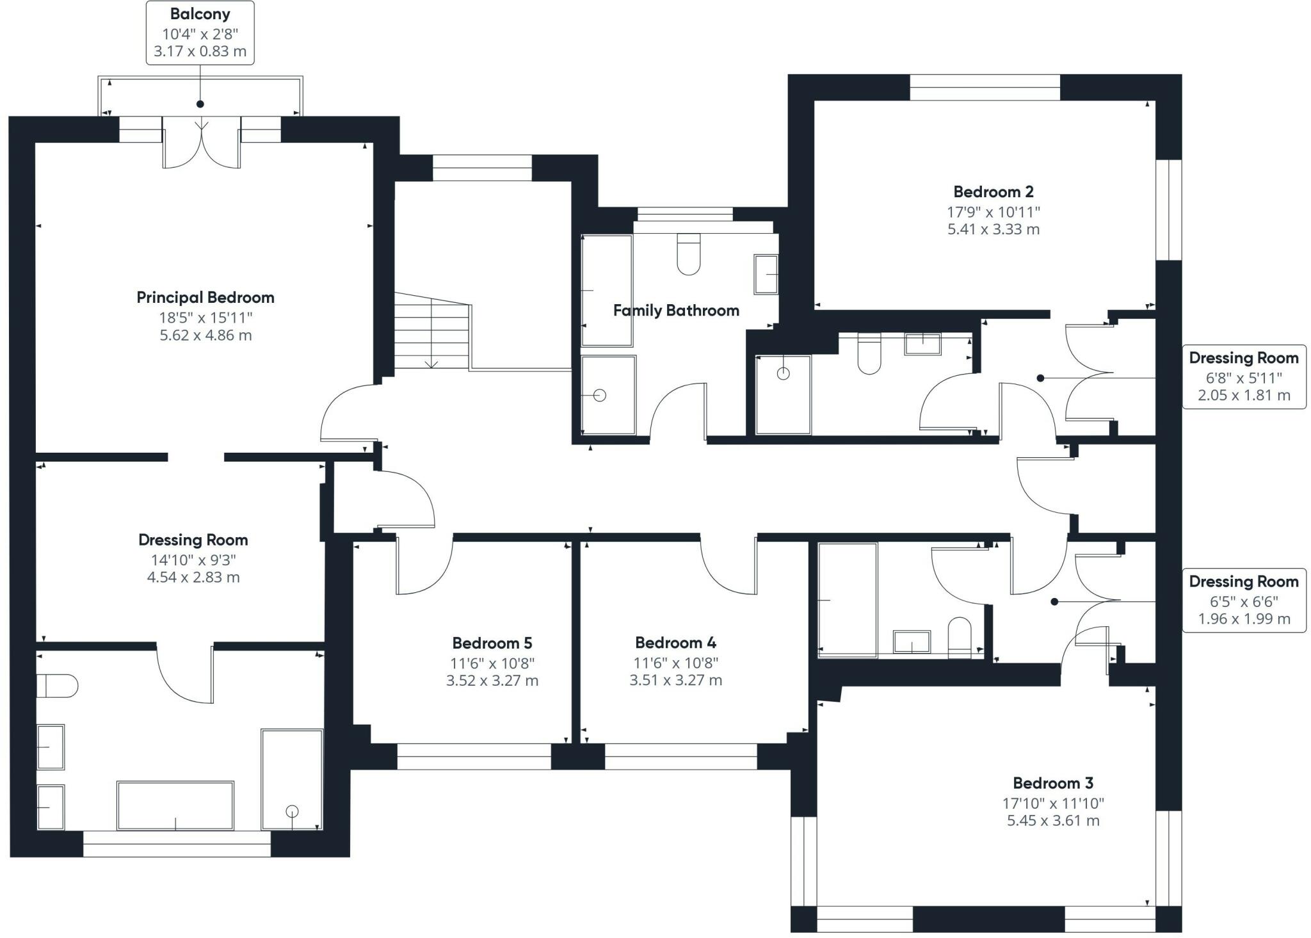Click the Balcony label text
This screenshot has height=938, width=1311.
pyautogui.click(x=200, y=14)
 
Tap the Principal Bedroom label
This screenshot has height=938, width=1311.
pyautogui.click(x=205, y=298)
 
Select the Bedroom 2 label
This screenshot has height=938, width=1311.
pyautogui.click(x=993, y=191)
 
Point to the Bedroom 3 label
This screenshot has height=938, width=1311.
pyautogui.click(x=1053, y=783)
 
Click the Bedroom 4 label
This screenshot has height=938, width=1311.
pyautogui.click(x=675, y=642)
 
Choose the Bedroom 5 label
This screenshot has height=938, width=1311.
pyautogui.click(x=492, y=643)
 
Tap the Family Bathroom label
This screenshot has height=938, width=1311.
pyautogui.click(x=676, y=311)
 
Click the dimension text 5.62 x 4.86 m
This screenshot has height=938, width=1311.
pyautogui.click(x=205, y=336)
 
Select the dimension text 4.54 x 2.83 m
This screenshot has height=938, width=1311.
pyautogui.click(x=193, y=578)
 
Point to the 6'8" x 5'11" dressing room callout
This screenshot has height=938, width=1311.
pyautogui.click(x=1244, y=376)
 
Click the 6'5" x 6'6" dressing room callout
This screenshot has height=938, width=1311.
pyautogui.click(x=1244, y=601)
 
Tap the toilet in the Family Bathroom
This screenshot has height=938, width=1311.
pyautogui.click(x=689, y=254)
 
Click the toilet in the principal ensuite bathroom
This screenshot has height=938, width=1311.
pyautogui.click(x=58, y=686)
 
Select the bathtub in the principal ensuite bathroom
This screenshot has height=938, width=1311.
pyautogui.click(x=175, y=805)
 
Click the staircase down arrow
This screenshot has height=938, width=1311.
pyautogui.click(x=431, y=362)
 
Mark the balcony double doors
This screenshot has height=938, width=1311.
pyautogui.click(x=202, y=143)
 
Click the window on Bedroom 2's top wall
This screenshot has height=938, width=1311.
pyautogui.click(x=985, y=88)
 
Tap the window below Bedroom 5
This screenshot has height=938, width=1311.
pyautogui.click(x=474, y=756)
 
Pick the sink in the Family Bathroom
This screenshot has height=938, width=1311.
pyautogui.click(x=766, y=275)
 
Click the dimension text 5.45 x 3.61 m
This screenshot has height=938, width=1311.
pyautogui.click(x=1053, y=821)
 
